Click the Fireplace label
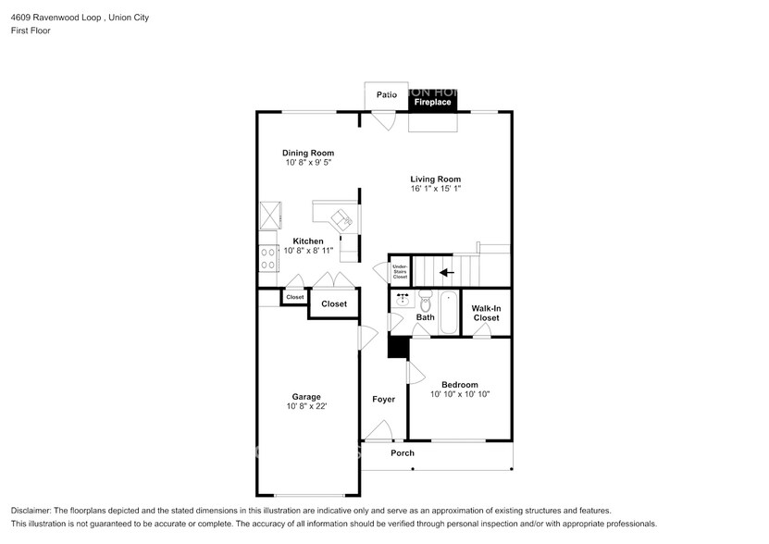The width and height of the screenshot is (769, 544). pos(432,102)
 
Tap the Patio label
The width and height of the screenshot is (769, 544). pos(387,94)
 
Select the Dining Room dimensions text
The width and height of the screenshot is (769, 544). pos(308,163)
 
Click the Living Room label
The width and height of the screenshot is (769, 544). pos(435,179)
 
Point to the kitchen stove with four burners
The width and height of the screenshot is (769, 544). pos(268,257)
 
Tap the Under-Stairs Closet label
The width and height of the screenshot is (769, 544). pos(400,271)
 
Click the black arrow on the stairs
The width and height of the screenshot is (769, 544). pos(447,272)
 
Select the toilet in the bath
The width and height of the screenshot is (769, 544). pos(426,302)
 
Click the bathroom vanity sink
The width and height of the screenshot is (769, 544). pos(403,300)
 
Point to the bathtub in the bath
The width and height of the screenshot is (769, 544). pos(449,311)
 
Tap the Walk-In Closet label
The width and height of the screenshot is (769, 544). pos(486,313)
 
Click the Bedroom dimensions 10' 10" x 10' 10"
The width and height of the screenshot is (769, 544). pos(459,394)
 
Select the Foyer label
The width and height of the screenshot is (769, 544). pos(383,400)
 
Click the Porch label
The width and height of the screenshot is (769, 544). pos(403,453)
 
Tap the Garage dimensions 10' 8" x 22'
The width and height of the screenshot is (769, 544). pos(307,406)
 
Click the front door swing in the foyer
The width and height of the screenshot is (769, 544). pos(378,429)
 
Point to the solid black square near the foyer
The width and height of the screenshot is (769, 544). pos(397,346)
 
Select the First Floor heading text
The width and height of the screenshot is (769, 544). pos(31,31)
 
